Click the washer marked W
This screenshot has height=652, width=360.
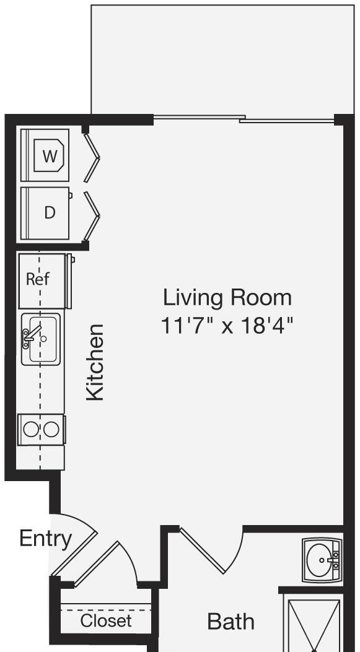click(45, 155)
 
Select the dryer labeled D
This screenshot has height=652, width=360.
click(45, 213)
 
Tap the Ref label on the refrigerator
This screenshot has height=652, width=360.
click(37, 279)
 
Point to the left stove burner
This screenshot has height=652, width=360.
click(31, 429)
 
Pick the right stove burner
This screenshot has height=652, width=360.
click(51, 429)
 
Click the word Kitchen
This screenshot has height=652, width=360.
click(95, 363)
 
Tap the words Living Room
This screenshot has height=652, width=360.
click(227, 298)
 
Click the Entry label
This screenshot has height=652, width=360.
click(45, 539)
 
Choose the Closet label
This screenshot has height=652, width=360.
click(106, 621)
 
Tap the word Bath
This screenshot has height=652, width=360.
click(230, 622)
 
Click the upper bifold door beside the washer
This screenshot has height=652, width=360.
click(92, 157)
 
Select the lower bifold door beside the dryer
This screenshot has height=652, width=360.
click(92, 215)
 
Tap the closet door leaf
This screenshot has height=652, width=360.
click(97, 563)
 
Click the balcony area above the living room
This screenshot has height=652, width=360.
click(222, 59)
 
